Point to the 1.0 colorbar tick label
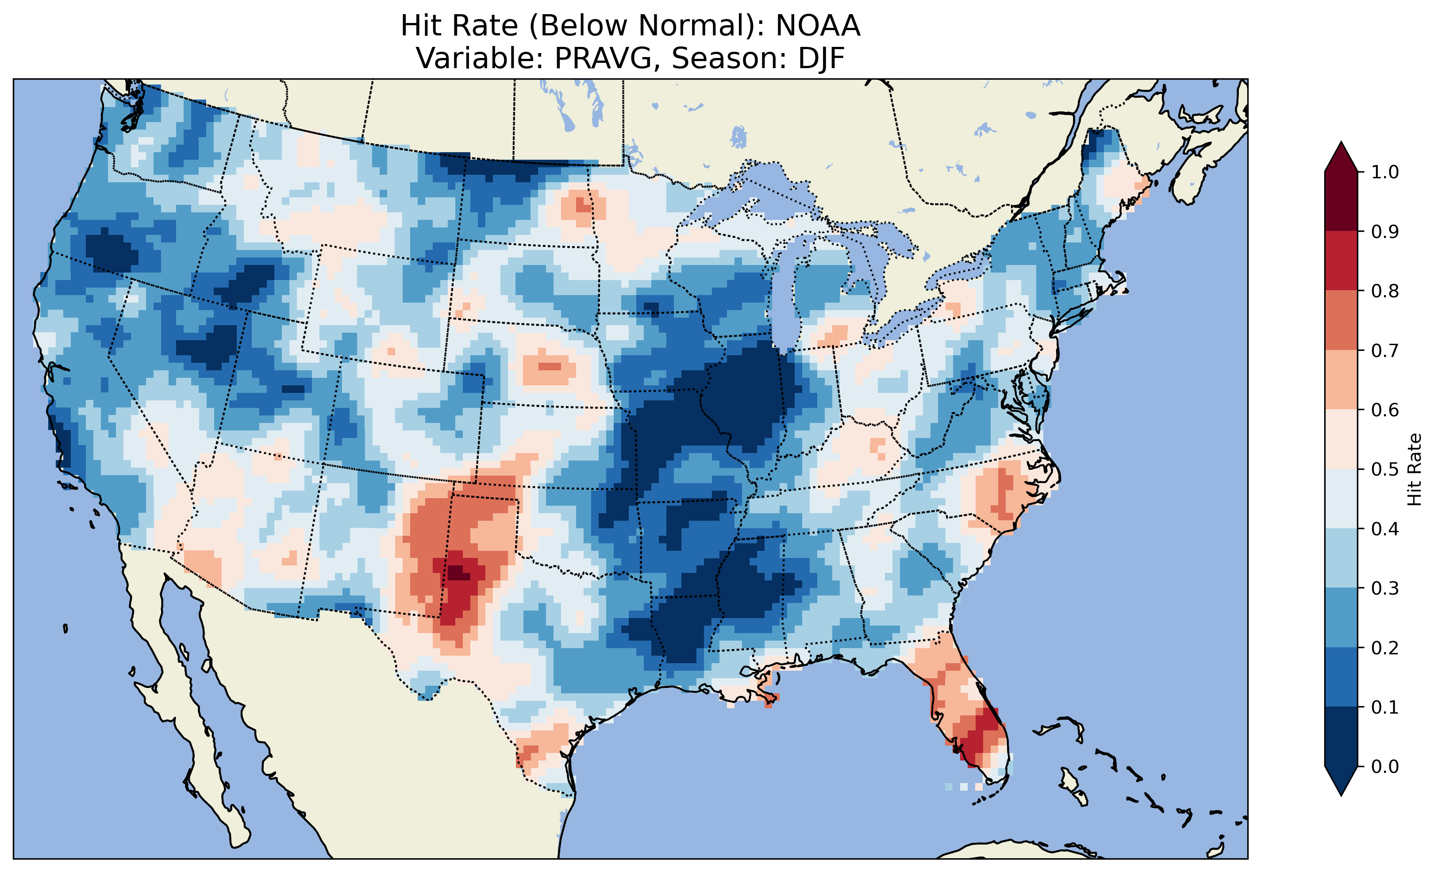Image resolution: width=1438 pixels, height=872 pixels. coord(1385,172)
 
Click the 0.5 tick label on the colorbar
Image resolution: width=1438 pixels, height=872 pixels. coord(1385,469)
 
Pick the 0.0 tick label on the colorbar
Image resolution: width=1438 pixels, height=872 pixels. coord(1385,766)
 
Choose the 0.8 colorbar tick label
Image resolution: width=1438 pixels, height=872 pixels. coord(1385,291)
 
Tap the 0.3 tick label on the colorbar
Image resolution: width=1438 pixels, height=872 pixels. coord(1385,588)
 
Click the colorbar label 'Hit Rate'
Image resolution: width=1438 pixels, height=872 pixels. coord(1414,469)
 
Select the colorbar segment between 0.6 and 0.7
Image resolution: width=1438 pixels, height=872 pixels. coord(1341,380)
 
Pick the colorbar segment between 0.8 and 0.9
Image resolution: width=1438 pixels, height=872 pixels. coord(1341,261)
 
